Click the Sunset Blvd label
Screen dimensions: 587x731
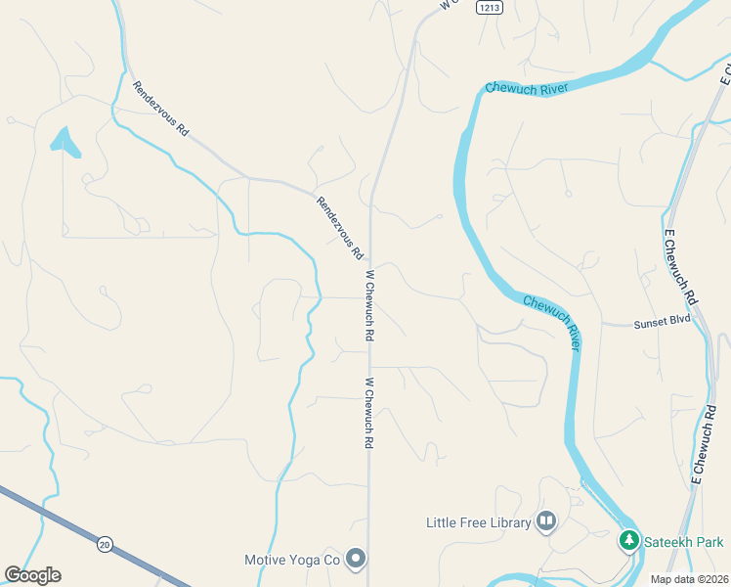[x=662, y=320]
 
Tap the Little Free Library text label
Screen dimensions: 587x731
[x=478, y=522]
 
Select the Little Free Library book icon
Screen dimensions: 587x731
[x=546, y=522]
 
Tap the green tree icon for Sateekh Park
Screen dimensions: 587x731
[x=629, y=540]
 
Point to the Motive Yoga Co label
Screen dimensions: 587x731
[x=291, y=560]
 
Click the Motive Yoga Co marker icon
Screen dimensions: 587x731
[x=357, y=560]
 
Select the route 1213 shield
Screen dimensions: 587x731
[x=490, y=7]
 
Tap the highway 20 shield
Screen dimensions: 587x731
[x=105, y=542]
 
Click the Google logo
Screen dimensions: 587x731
[x=32, y=575]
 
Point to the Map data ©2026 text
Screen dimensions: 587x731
[x=689, y=578]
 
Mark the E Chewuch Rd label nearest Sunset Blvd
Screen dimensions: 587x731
[x=680, y=266]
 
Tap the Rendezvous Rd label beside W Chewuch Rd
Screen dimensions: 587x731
[x=339, y=228]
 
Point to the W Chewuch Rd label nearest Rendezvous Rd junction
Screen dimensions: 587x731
[x=369, y=305]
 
